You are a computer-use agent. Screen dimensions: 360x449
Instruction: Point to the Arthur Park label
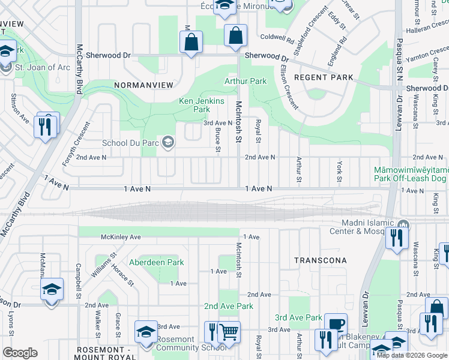coord(245,81)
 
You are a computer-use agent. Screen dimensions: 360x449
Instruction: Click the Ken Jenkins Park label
coord(202,106)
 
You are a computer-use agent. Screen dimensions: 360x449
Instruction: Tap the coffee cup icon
coord(337,324)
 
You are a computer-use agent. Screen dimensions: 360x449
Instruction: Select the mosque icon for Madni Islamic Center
coord(402,226)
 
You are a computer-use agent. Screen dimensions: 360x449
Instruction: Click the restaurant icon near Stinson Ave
coord(47,126)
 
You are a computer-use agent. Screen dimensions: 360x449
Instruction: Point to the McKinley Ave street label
coord(121,237)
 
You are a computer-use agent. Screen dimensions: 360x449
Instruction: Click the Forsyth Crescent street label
coord(78,140)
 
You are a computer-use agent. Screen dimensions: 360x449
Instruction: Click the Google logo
coord(20,353)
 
